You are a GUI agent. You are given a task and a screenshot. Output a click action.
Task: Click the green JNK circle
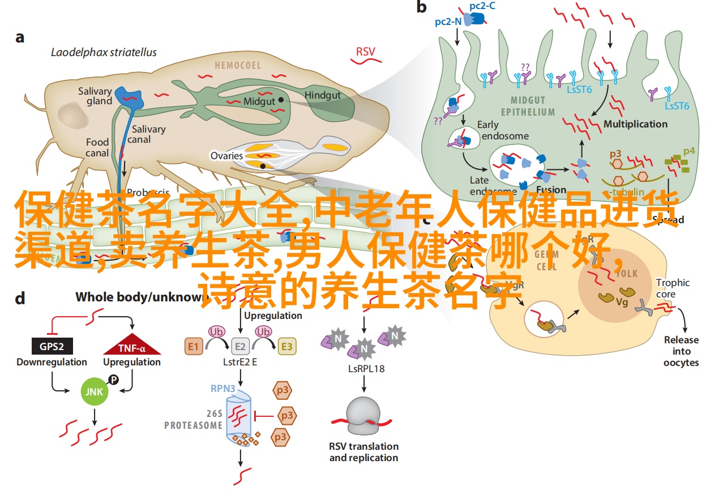point(95,391)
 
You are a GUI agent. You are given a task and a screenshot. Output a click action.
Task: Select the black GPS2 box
point(52,347)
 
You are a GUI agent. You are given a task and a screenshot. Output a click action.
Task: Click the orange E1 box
point(194,346)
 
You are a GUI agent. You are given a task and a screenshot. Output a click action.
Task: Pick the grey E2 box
point(241,346)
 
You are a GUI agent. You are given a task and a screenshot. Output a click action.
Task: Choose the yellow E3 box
point(287,346)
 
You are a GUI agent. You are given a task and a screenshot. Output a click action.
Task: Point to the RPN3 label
point(224,388)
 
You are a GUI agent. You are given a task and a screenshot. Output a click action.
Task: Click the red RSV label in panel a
point(365,52)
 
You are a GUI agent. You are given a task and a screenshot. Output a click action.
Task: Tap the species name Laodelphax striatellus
point(104,52)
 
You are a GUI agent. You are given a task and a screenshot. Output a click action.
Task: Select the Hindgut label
point(323,95)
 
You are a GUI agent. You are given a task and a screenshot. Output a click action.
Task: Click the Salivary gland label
point(95,96)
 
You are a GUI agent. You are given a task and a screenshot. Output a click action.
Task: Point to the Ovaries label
point(226,156)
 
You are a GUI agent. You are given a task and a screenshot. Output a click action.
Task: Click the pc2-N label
point(448,22)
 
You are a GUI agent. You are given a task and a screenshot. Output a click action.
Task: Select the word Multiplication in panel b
point(635,123)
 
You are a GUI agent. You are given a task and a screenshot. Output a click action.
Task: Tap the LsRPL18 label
point(366,368)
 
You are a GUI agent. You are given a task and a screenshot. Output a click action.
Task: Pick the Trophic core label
point(673,288)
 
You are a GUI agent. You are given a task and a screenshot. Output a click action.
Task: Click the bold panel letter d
point(20,299)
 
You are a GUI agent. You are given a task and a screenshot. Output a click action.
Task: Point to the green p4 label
point(688,151)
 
